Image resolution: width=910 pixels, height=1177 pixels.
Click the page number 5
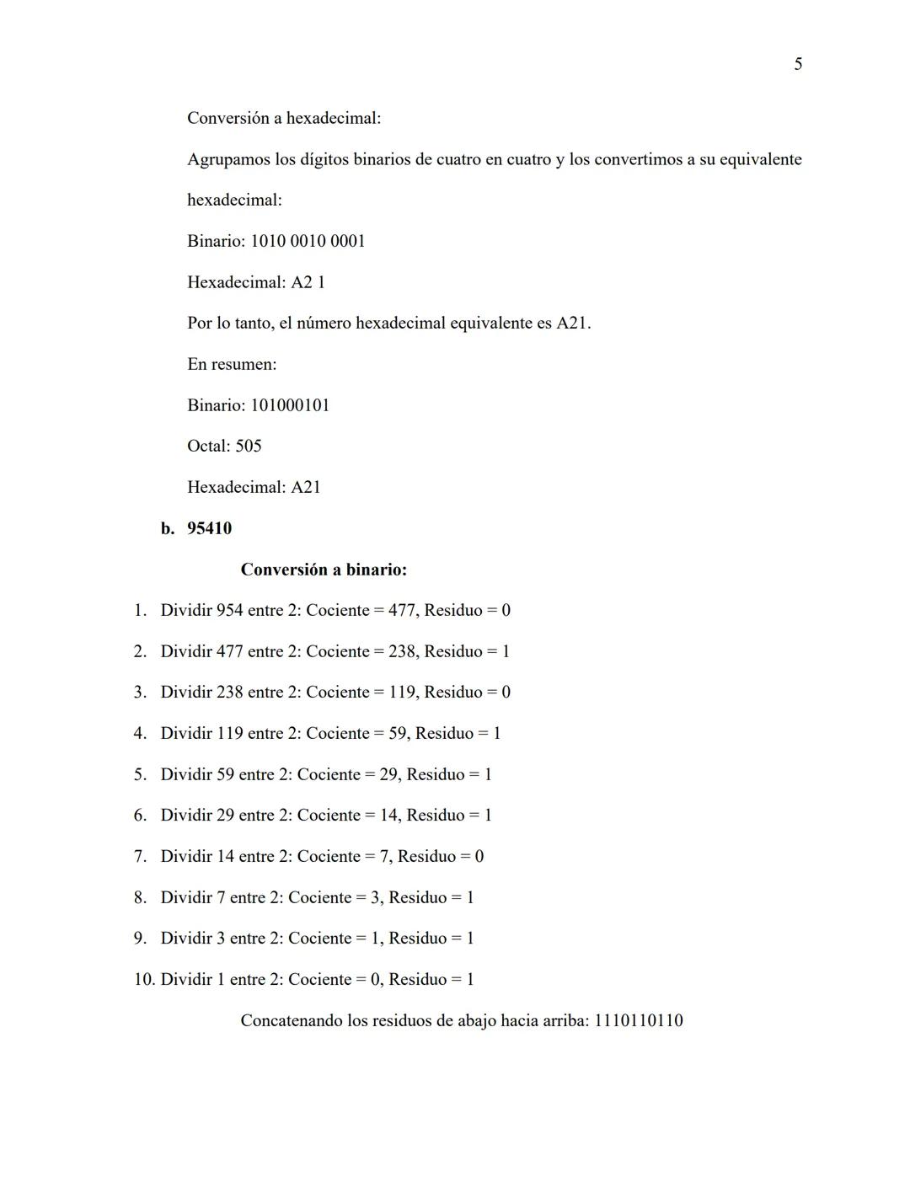[798, 65]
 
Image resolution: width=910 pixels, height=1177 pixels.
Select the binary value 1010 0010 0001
[308, 242]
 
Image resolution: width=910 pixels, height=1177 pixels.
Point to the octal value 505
[248, 447]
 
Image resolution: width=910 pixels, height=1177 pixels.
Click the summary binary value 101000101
[290, 406]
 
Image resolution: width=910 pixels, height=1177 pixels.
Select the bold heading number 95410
[209, 529]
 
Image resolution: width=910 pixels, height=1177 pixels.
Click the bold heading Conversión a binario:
[324, 570]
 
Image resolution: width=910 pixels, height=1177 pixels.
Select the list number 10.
[144, 980]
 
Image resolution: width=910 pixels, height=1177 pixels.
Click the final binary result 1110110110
[638, 1021]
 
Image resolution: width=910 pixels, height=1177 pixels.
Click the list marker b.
[168, 529]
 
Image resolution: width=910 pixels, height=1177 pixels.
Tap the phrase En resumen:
[232, 365]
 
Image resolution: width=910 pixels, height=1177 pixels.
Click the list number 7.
[140, 857]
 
